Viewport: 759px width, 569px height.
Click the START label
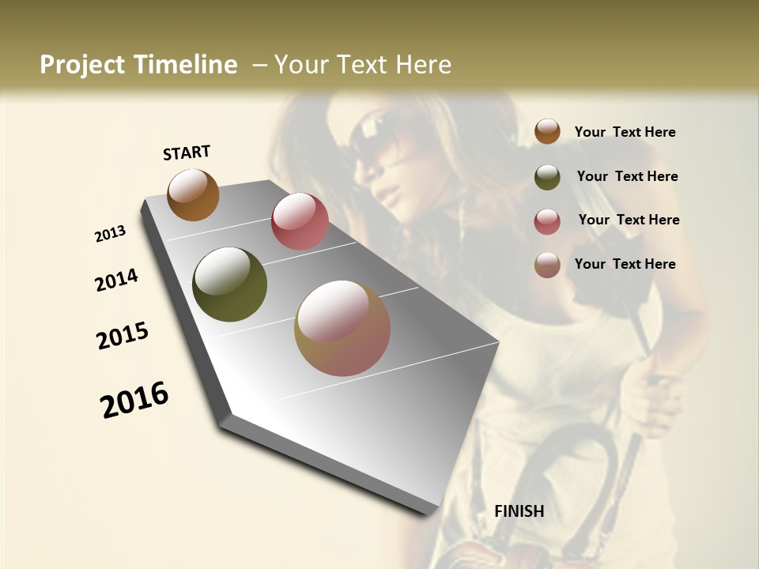[x=187, y=153]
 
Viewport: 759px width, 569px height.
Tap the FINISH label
[x=519, y=511]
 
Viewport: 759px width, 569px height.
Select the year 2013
[x=111, y=234]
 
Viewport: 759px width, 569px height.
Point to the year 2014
[x=117, y=281]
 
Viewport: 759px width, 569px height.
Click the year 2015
[x=123, y=336]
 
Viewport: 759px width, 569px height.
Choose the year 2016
[x=134, y=400]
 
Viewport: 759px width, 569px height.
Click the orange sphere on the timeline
[x=193, y=194]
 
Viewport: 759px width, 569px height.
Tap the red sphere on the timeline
[x=300, y=221]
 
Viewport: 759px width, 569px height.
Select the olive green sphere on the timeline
[x=229, y=284]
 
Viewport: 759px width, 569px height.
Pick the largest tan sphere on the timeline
[x=342, y=328]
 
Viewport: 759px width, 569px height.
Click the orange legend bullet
[x=547, y=131]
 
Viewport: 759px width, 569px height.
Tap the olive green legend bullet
[x=547, y=177]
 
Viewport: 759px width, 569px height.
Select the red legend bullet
[x=547, y=221]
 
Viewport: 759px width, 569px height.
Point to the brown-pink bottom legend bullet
[x=547, y=265]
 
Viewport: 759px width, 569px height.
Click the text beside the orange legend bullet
[x=625, y=132]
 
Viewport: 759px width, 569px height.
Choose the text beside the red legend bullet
[x=629, y=220]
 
